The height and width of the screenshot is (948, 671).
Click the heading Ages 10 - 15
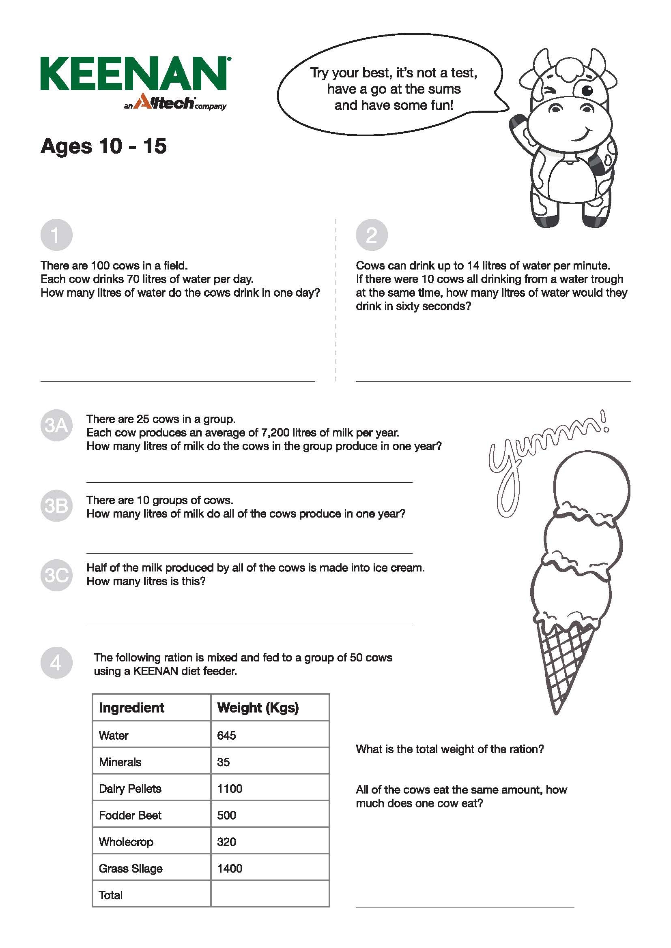click(103, 146)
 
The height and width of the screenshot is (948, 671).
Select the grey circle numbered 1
click(56, 235)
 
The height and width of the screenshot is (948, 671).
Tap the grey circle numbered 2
click(372, 235)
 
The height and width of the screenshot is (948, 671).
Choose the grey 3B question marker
click(56, 506)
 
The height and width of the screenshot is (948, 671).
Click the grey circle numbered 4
click(56, 663)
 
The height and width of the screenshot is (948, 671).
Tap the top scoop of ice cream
click(591, 489)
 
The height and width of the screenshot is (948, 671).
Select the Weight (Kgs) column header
click(258, 708)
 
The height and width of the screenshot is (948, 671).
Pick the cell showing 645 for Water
click(226, 735)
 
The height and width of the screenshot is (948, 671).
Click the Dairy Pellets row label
click(130, 789)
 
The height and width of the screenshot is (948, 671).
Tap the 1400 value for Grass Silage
click(230, 868)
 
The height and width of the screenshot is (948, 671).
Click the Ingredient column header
click(131, 708)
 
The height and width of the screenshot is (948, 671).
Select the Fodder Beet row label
click(130, 815)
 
